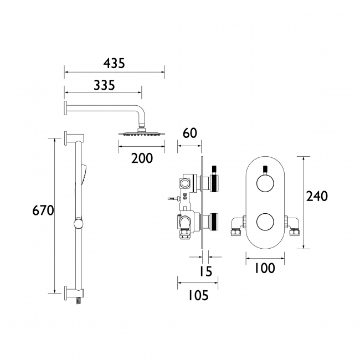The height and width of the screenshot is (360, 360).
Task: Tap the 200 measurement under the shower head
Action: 142,158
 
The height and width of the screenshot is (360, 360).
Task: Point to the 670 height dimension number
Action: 43,211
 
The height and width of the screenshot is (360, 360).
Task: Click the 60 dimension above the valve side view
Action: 189,133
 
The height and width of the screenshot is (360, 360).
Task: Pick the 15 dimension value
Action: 205,271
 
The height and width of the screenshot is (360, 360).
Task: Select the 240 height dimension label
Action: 317,196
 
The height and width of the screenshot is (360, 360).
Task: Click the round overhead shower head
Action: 141,133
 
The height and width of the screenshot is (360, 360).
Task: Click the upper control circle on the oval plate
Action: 265,183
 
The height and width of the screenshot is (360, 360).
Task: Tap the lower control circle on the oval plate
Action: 265,223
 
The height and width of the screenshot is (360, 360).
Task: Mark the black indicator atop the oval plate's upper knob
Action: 265,168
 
